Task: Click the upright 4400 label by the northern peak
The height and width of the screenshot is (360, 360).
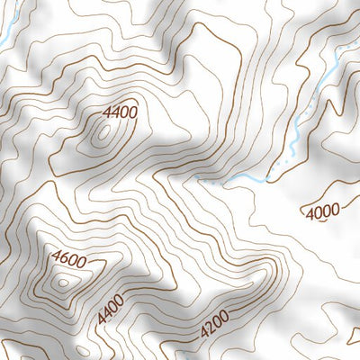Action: click(120, 112)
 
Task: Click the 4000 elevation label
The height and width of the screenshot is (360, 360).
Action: click(322, 212)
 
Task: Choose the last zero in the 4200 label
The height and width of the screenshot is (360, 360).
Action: click(224, 314)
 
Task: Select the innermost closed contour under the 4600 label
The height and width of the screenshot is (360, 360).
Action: click(62, 282)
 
